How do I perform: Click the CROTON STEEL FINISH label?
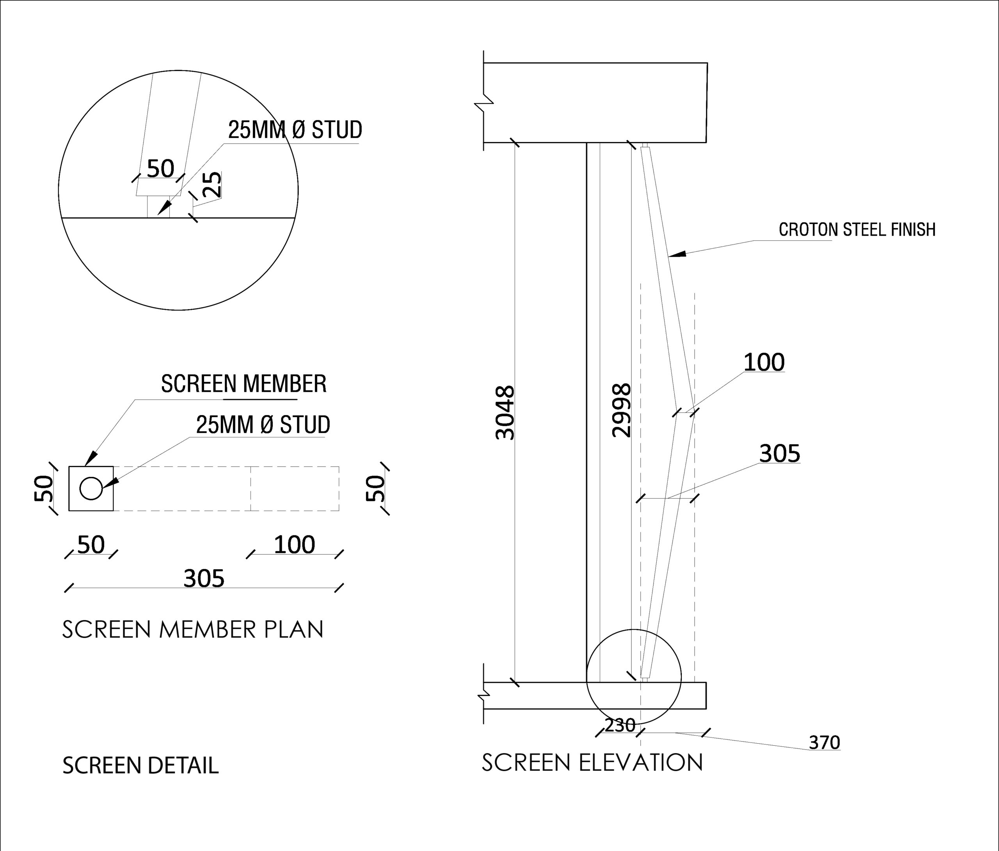tap(857, 229)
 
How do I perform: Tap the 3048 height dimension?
tap(505, 412)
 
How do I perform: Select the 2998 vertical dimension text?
tap(621, 410)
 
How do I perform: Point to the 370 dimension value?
tap(825, 743)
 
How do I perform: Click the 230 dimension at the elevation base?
tap(620, 725)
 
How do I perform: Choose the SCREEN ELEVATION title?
tap(592, 762)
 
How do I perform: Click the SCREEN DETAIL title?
tap(140, 765)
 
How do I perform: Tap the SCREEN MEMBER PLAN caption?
tap(193, 629)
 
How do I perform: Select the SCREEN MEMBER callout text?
tap(244, 384)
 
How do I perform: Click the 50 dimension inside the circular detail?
tap(160, 169)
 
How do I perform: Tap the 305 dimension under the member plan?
tap(204, 579)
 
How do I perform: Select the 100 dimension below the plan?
tap(294, 545)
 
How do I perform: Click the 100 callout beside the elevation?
tap(764, 362)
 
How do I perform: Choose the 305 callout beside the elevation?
tap(780, 453)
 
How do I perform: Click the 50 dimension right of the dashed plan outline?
tap(375, 489)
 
